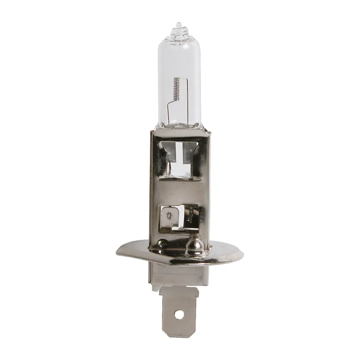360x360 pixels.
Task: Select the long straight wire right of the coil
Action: (184, 90)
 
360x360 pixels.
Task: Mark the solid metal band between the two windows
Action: (180, 191)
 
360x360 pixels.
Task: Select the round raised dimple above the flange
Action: (195, 245)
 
